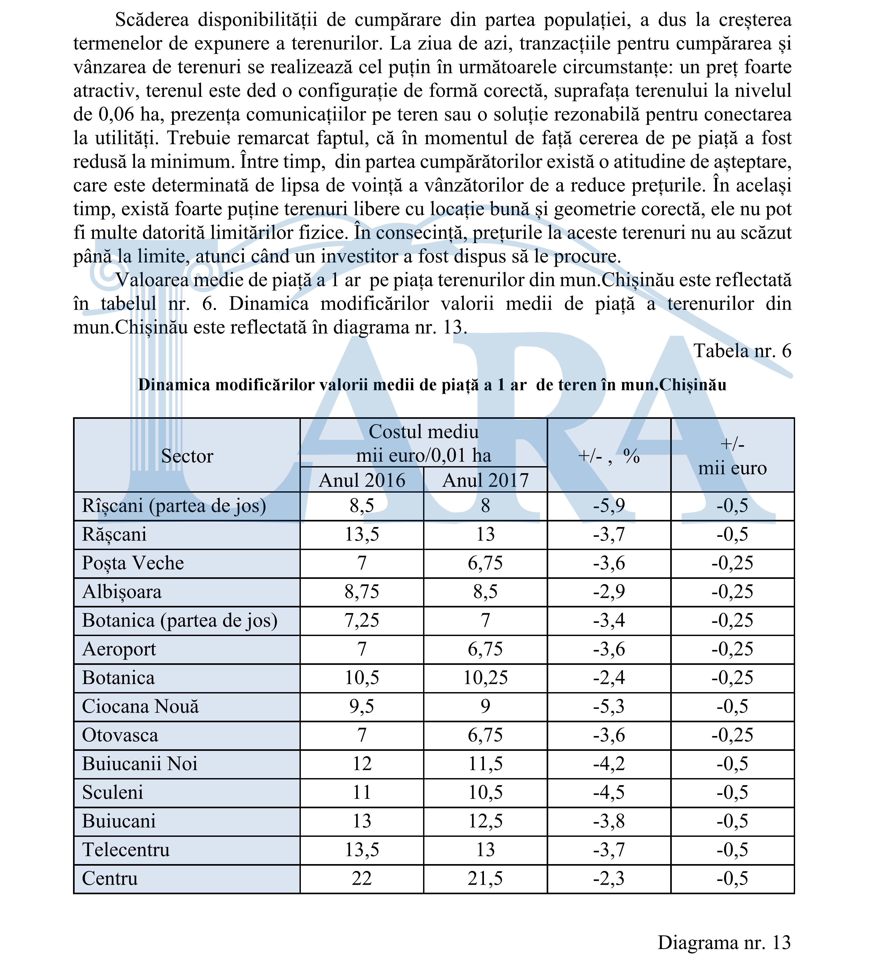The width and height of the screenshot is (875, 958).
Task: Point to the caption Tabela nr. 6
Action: pos(742,351)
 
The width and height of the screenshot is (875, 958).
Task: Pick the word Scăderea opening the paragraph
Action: pos(152,20)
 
